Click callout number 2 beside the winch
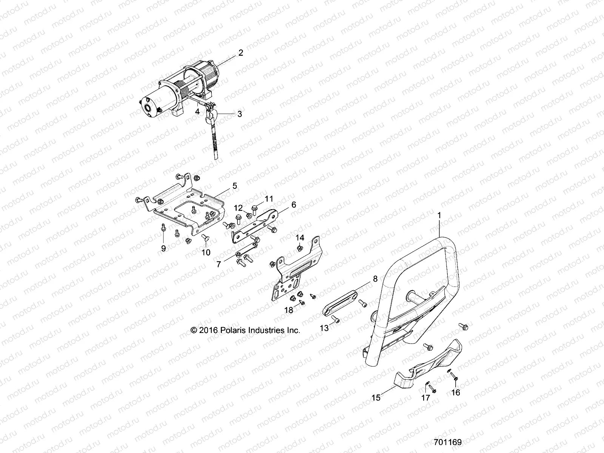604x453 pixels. [240, 53]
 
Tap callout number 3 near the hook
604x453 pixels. [239, 114]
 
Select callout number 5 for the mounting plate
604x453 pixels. [234, 185]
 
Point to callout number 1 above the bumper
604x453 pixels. [439, 215]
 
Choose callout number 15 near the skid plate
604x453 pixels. [376, 397]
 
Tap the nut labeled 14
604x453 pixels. [299, 248]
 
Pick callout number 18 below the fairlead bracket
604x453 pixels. [288, 310]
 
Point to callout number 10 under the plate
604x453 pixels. [206, 252]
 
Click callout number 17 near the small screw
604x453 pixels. [425, 398]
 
